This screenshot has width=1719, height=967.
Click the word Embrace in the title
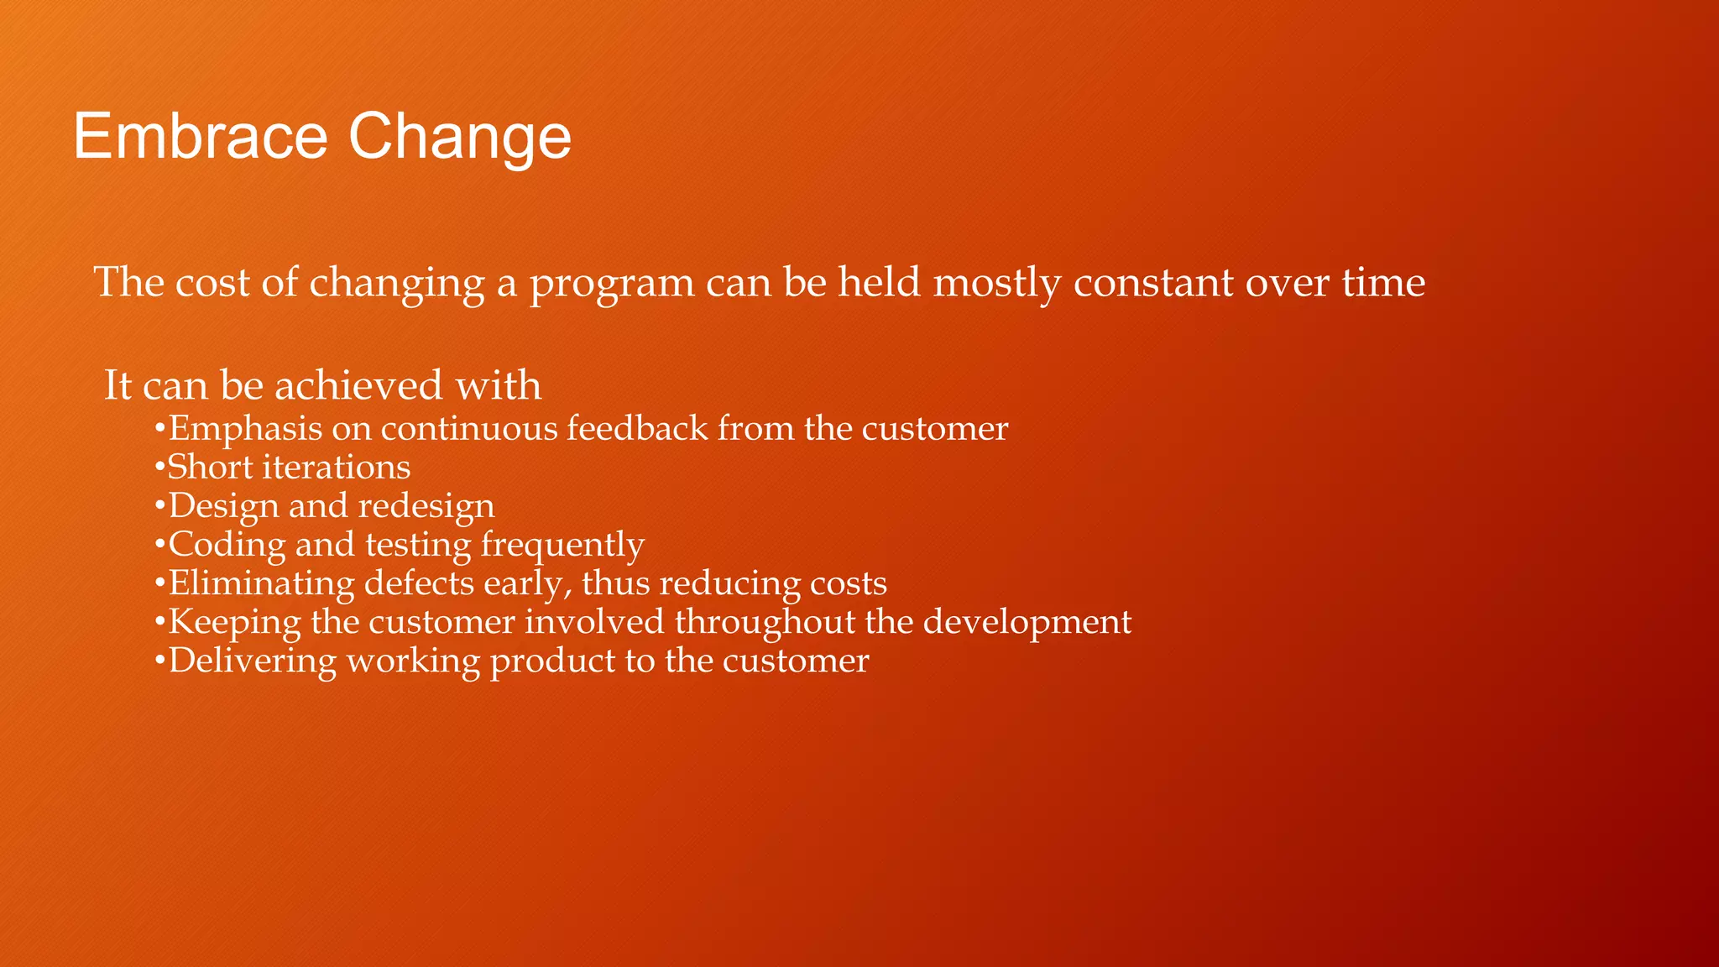(200, 136)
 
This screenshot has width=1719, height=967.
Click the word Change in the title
(459, 136)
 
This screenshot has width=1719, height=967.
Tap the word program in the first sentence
(611, 284)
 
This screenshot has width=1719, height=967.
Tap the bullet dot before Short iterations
(159, 468)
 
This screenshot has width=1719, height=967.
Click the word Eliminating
(261, 583)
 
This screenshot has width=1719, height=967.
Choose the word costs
(848, 583)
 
